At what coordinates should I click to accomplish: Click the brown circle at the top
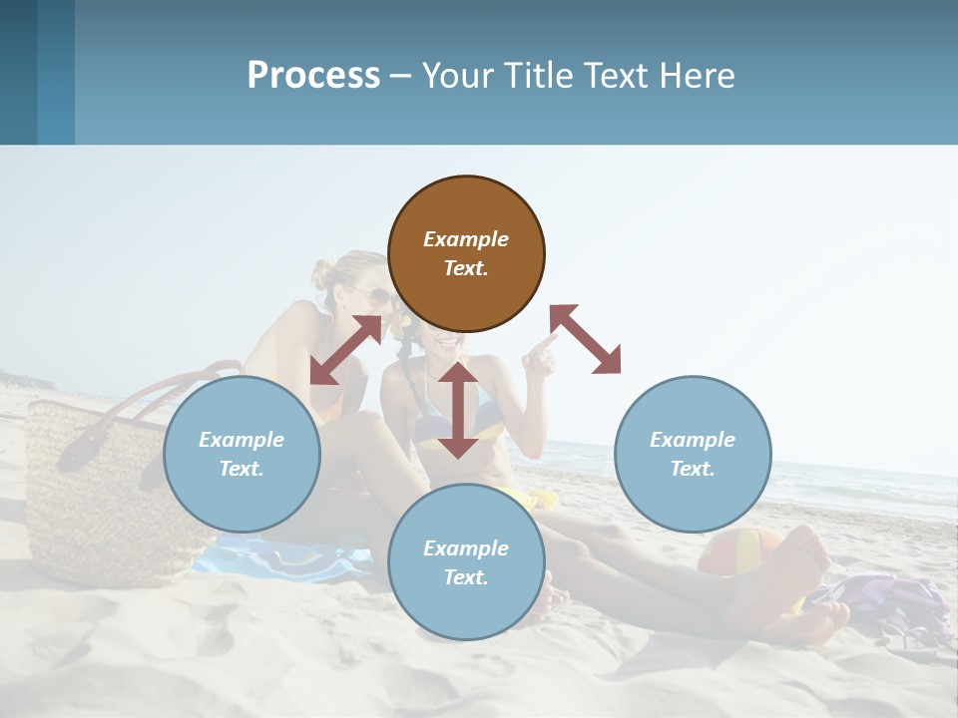pyautogui.click(x=466, y=254)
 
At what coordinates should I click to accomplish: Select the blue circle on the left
pyautogui.click(x=241, y=454)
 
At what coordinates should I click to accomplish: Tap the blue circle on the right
pyautogui.click(x=693, y=454)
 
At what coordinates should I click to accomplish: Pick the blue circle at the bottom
pyautogui.click(x=466, y=562)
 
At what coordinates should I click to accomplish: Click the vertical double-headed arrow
pyautogui.click(x=458, y=410)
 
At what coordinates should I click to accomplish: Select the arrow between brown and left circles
pyautogui.click(x=346, y=349)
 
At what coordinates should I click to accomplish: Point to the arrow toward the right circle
pyautogui.click(x=586, y=339)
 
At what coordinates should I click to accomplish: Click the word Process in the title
pyautogui.click(x=313, y=75)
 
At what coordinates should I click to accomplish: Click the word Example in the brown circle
pyautogui.click(x=466, y=239)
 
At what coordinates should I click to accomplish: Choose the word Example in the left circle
pyautogui.click(x=241, y=440)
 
